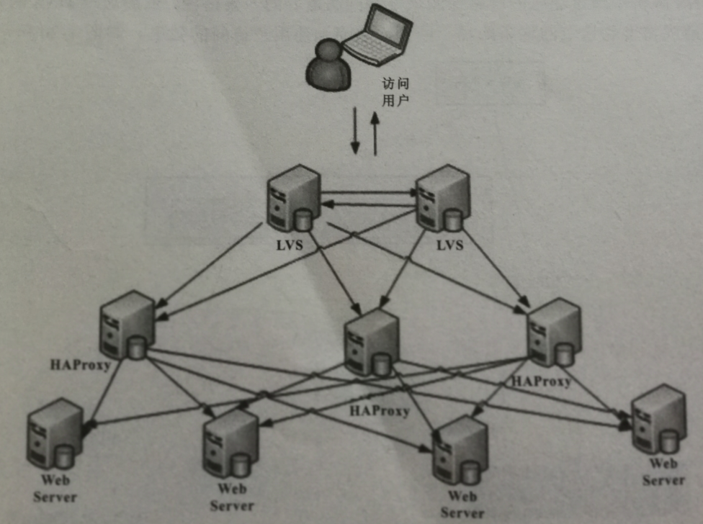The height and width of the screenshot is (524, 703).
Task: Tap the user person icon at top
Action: click(x=328, y=65)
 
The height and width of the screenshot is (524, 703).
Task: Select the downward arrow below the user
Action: click(x=354, y=130)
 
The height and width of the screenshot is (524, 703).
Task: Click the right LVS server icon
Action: click(x=442, y=198)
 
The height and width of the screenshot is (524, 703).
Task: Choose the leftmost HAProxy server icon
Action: click(x=127, y=325)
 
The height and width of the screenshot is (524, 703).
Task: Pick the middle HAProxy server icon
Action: click(x=372, y=343)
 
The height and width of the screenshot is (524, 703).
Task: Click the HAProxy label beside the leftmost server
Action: click(x=80, y=365)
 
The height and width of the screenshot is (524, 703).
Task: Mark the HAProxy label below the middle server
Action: click(x=379, y=412)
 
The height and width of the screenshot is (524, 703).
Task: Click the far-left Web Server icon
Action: click(x=54, y=434)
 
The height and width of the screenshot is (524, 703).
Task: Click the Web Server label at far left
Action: click(x=55, y=487)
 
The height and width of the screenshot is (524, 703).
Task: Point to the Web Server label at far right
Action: click(x=663, y=471)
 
